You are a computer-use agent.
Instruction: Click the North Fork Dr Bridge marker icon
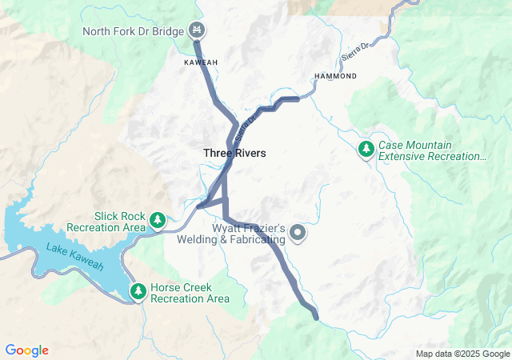196,31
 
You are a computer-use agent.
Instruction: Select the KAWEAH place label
201,62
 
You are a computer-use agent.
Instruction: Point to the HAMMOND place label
334,75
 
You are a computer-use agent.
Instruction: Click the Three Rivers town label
234,153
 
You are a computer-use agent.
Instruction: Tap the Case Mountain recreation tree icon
366,149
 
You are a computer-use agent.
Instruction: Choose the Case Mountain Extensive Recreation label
432,150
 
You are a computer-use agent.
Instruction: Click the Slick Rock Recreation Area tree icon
158,219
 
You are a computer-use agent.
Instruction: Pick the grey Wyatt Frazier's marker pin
298,234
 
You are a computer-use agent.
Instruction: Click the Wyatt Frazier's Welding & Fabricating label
248,234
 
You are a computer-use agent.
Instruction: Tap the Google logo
27,350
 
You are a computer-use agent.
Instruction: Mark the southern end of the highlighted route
316,318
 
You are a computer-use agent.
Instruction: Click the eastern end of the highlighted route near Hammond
298,98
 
